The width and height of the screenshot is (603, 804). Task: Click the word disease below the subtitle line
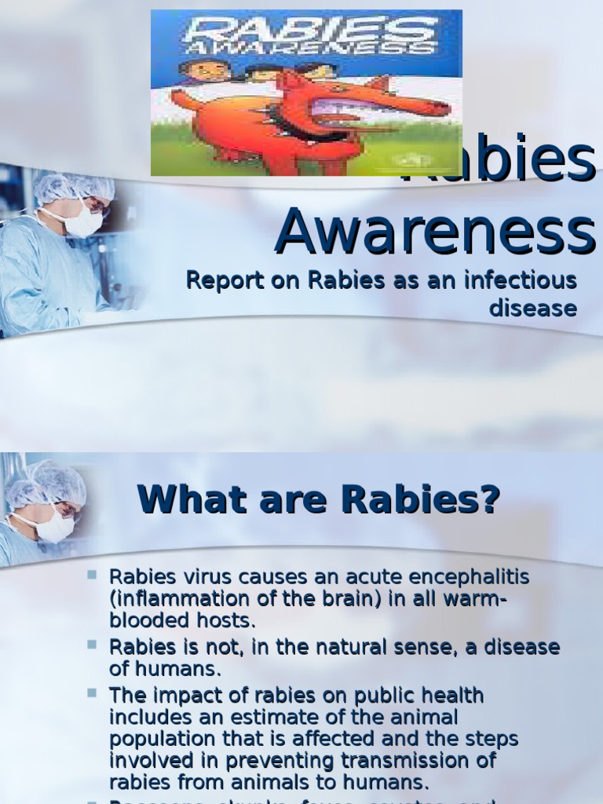click(533, 309)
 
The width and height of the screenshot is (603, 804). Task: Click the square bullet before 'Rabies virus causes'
click(92, 575)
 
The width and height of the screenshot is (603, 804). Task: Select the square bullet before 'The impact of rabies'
click(92, 693)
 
